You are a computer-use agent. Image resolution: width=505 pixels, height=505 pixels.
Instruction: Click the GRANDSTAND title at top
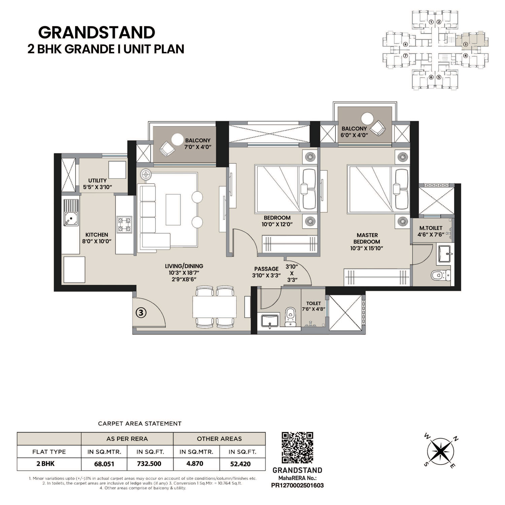tap(97, 33)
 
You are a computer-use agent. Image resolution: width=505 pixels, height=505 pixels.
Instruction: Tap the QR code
tap(297, 448)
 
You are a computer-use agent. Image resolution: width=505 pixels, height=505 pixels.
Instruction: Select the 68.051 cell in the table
tap(104, 464)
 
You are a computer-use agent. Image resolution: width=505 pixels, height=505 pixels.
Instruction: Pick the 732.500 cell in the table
tap(149, 464)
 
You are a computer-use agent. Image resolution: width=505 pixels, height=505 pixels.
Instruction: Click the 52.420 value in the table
tap(240, 464)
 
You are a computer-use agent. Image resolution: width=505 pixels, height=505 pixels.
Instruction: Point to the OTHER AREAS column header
tap(219, 439)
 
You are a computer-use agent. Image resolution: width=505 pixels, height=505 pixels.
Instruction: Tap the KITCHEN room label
tap(97, 235)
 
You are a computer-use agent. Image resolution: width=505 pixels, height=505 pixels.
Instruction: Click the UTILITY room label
tap(97, 180)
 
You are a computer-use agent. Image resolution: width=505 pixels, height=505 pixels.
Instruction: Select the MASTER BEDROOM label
tap(367, 238)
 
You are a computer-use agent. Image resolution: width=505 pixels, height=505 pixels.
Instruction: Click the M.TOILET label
tap(431, 228)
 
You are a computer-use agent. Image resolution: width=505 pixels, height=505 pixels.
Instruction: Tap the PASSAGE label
tap(266, 269)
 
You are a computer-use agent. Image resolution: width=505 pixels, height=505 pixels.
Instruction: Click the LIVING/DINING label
tap(186, 266)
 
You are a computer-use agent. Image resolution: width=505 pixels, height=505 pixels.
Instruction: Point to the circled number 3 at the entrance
tap(141, 313)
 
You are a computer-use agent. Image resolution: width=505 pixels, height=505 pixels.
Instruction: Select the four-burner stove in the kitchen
tap(124, 225)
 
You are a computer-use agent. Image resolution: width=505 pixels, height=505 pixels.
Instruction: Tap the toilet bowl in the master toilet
tap(439, 275)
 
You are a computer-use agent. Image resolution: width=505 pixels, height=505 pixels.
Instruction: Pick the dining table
tap(214, 307)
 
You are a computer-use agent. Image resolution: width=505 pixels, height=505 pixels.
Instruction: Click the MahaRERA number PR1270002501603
tap(297, 485)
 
